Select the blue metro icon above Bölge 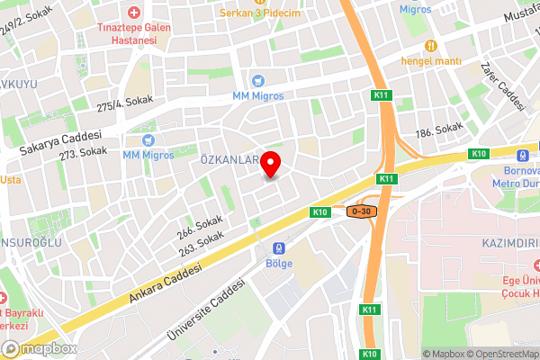[279, 247]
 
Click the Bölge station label [279, 263]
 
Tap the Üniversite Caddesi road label [206, 311]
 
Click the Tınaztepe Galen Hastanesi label [134, 34]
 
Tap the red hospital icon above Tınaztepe [134, 13]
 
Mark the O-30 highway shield [360, 211]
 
